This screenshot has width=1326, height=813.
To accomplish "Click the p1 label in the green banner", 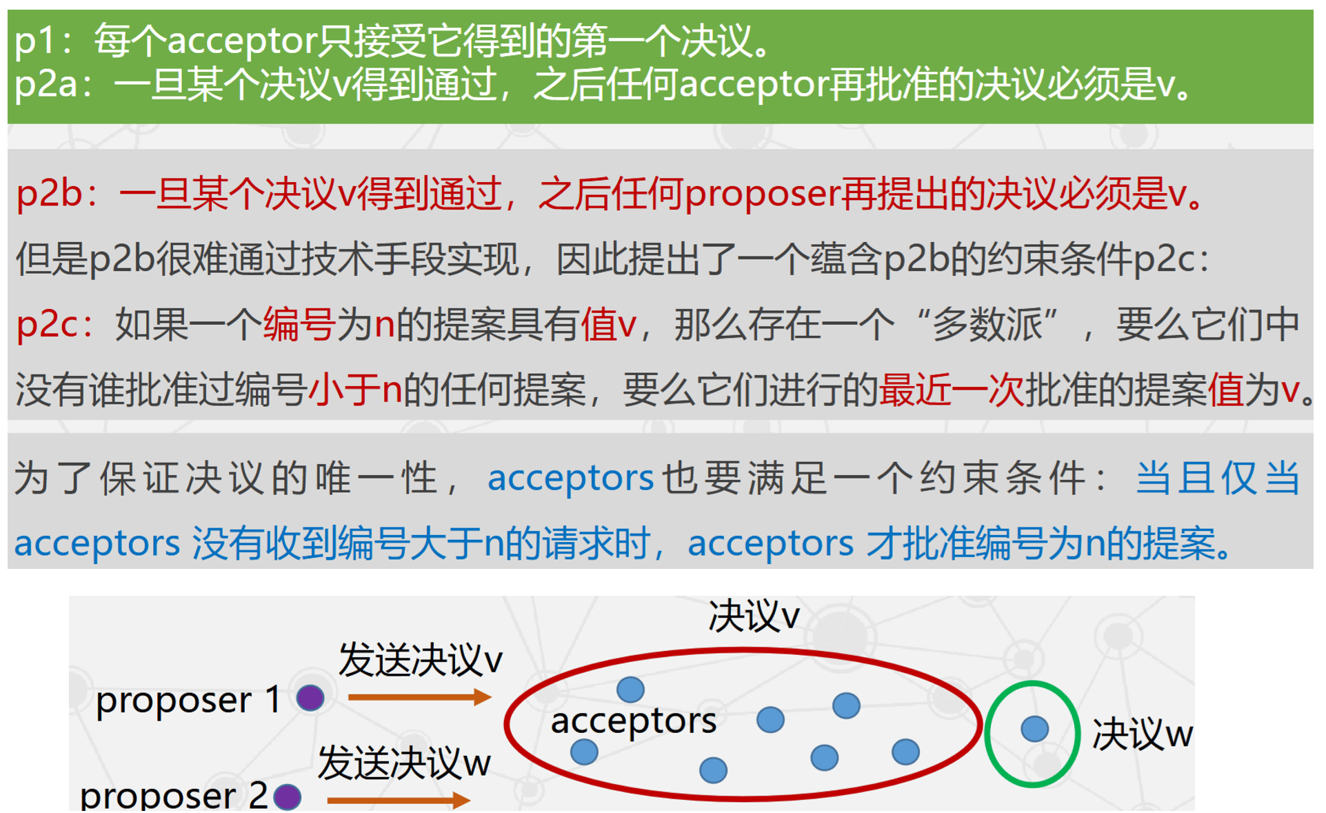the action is pyautogui.click(x=34, y=41).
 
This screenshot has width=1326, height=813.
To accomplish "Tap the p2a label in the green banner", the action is pyautogui.click(x=46, y=86).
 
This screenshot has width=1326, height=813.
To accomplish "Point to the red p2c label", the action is pyautogui.click(x=47, y=324).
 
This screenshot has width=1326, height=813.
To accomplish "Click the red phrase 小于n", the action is pyautogui.click(x=355, y=390).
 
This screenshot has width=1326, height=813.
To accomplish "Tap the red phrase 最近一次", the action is pyautogui.click(x=951, y=390).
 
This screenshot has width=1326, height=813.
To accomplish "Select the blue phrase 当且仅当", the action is pyautogui.click(x=1217, y=478).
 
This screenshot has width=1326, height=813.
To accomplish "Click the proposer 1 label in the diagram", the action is pyautogui.click(x=188, y=701).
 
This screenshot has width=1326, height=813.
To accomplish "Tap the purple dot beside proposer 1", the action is pyautogui.click(x=310, y=698).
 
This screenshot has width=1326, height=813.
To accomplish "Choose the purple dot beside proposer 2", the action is pyautogui.click(x=288, y=797).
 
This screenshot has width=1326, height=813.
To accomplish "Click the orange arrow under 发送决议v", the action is pyautogui.click(x=419, y=697).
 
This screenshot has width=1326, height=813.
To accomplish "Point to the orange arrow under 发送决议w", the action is pyautogui.click(x=399, y=800).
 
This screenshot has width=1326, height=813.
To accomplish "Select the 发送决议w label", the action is pyautogui.click(x=404, y=764).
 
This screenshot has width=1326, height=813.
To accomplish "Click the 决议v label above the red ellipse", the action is pyautogui.click(x=754, y=616).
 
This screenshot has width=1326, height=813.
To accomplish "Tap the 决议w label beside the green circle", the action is pyautogui.click(x=1142, y=734).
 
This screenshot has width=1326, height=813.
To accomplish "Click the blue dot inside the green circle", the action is pyautogui.click(x=1034, y=729).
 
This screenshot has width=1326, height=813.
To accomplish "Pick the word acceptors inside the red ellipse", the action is pyautogui.click(x=633, y=721).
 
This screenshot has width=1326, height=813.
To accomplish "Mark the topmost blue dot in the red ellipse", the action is pyautogui.click(x=630, y=689).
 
